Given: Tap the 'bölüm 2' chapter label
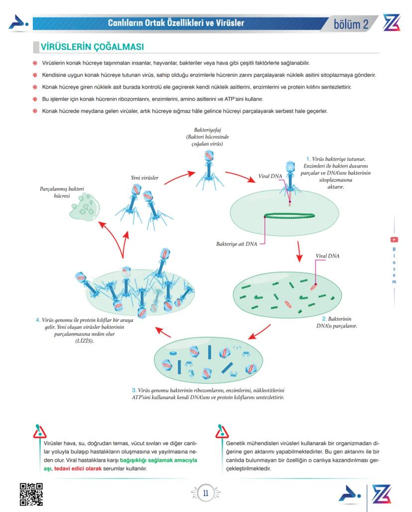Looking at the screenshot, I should [x=351, y=24].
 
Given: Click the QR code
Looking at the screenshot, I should [x=31, y=494].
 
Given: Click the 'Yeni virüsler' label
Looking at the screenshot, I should [x=145, y=178].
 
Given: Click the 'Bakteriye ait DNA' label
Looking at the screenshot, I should [x=237, y=244].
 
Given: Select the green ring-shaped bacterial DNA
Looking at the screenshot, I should [x=289, y=216].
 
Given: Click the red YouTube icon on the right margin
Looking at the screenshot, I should [x=394, y=239].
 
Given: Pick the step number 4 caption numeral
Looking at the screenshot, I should [x=38, y=319].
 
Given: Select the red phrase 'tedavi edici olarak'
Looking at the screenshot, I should [x=78, y=469].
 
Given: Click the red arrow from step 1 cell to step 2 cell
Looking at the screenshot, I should [x=299, y=251].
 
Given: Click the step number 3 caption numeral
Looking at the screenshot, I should [x=134, y=390].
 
